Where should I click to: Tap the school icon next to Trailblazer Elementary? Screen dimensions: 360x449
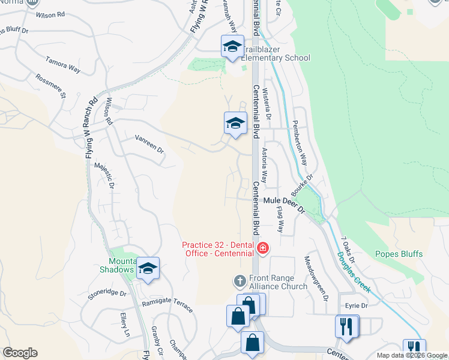(232, 46)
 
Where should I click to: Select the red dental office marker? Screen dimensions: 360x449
(262, 247)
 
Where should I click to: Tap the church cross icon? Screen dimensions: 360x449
(239, 281)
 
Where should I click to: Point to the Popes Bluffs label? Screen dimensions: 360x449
(399, 254)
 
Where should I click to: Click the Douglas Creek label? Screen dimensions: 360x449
(354, 272)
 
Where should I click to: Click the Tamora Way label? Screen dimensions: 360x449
(63, 65)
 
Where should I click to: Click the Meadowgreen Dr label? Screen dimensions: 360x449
(316, 278)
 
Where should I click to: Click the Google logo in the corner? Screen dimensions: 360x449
(20, 353)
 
